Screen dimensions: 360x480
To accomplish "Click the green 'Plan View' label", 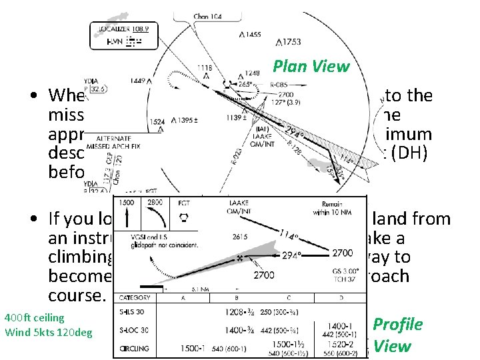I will (311, 66).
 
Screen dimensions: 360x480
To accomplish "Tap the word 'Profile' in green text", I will (397, 325).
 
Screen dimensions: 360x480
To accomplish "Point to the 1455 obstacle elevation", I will (251, 34).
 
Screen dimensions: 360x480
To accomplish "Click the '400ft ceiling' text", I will (34, 318).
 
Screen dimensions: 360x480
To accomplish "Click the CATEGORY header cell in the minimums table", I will (135, 298).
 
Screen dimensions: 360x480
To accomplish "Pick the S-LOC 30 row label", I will (135, 329).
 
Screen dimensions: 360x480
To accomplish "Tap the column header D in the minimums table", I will (341, 298).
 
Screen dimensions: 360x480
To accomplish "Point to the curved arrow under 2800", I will (157, 218).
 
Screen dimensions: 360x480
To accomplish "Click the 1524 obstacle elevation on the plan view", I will (158, 122).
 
